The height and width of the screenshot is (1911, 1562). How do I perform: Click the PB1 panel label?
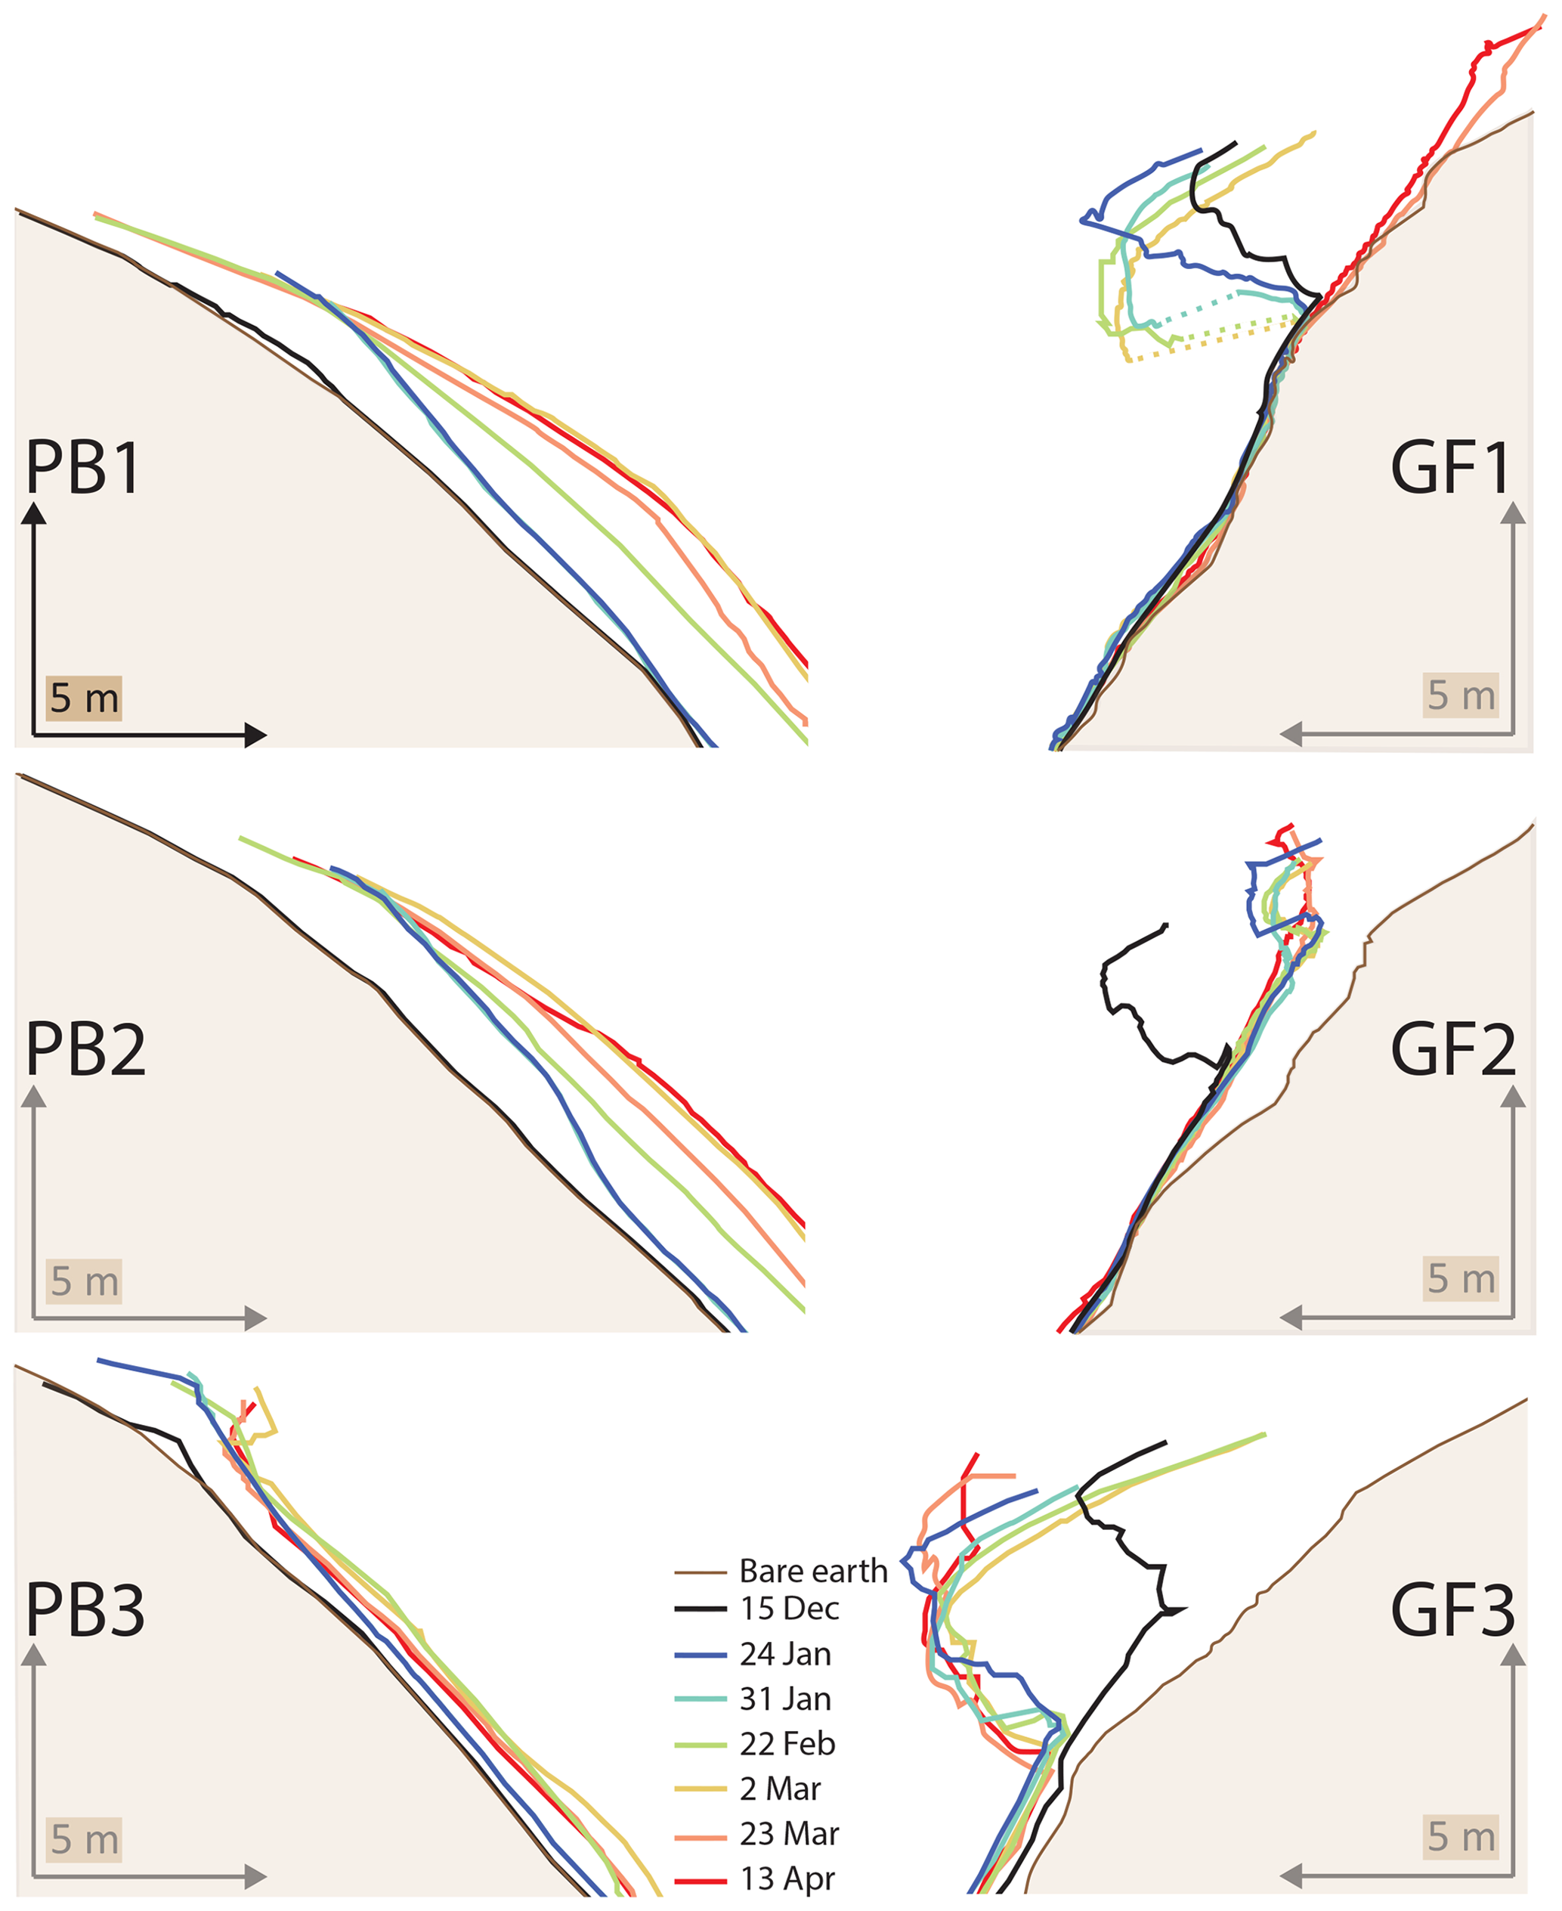tap(83, 467)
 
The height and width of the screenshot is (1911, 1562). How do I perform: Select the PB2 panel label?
tap(85, 1049)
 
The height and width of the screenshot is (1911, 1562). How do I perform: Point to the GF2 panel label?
tap(1452, 1049)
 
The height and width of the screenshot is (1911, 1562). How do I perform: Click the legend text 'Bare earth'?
tap(812, 1571)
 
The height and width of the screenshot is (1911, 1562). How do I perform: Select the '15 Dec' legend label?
tap(789, 1608)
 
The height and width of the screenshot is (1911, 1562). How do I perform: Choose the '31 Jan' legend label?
tap(784, 1699)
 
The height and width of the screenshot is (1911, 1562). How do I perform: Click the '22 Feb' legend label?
tap(787, 1744)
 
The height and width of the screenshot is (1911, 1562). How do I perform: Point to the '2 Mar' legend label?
tap(779, 1788)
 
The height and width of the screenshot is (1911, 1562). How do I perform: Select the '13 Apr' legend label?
tap(787, 1878)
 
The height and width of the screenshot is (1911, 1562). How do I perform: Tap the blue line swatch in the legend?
tap(700, 1655)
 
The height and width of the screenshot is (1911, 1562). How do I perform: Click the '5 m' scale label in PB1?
tap(84, 698)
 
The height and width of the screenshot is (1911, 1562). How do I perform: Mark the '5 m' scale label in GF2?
tap(1460, 1278)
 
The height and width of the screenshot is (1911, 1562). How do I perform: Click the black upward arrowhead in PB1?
tap(34, 514)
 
